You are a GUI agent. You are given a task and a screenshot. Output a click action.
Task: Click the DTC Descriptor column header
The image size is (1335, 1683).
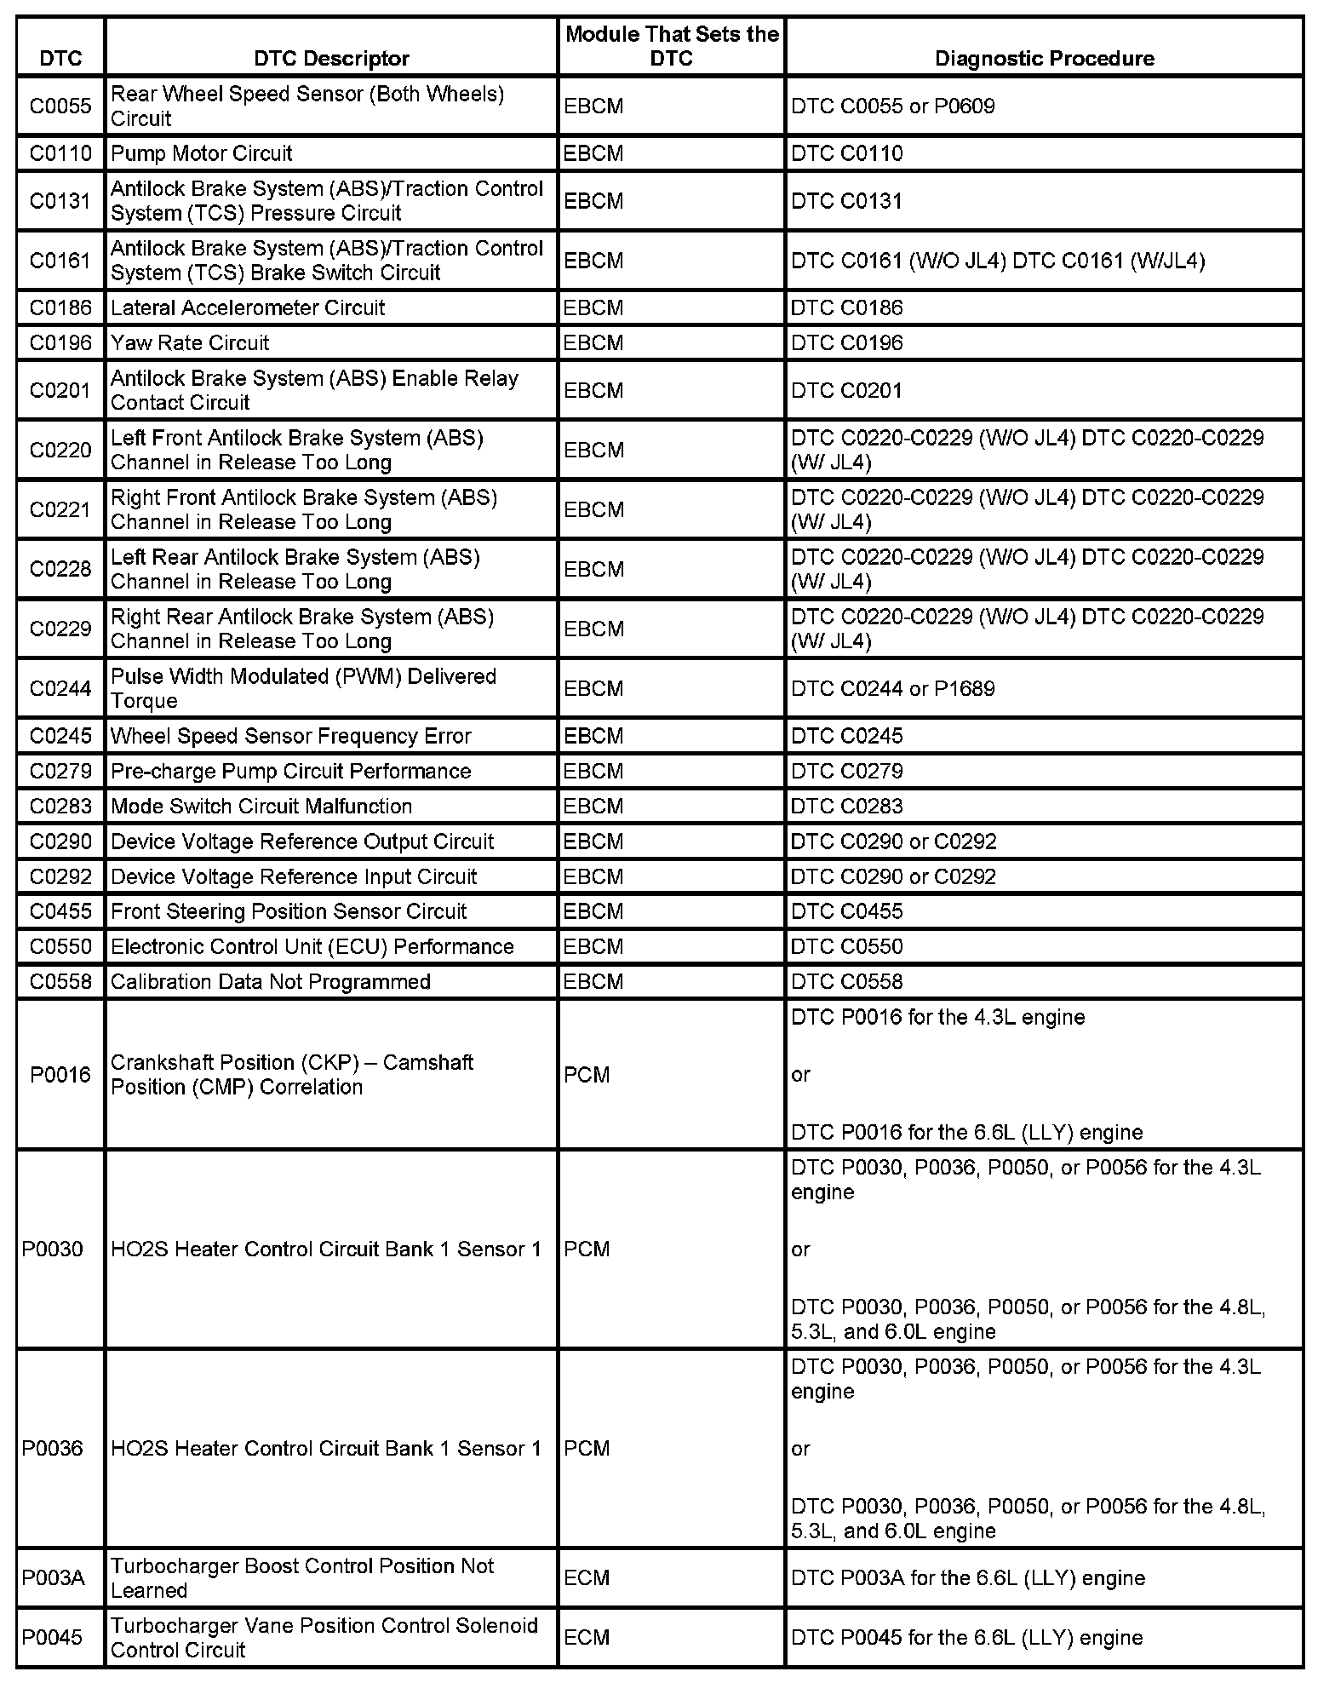(331, 58)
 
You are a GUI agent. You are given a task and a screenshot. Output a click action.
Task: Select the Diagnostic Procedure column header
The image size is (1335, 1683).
(1044, 58)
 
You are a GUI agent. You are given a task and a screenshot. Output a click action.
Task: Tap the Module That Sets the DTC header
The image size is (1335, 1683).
(672, 46)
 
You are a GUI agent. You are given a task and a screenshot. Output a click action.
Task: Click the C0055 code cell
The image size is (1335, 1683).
(60, 106)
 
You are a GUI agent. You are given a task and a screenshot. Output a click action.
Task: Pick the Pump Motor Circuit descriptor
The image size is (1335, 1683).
(202, 153)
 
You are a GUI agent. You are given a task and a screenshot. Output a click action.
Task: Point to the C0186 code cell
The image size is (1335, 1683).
(60, 307)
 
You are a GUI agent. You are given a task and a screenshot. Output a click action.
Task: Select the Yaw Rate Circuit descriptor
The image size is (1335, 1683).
(190, 342)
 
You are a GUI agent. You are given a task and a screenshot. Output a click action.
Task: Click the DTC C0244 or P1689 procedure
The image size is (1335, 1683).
(892, 688)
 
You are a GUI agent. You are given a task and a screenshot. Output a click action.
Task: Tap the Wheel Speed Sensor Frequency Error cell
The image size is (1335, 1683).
(290, 736)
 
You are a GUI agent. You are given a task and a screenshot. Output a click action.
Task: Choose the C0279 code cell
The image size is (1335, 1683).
(60, 771)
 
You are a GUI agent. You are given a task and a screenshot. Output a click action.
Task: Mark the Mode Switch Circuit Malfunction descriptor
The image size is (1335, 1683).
(261, 806)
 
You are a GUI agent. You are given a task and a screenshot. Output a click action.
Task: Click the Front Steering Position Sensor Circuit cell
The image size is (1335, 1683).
(289, 911)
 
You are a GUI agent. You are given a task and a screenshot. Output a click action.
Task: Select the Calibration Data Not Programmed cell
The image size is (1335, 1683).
(271, 981)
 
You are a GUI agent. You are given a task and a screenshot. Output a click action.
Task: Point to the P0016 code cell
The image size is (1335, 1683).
(60, 1075)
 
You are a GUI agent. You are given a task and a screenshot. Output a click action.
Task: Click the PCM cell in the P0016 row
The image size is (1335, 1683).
(587, 1075)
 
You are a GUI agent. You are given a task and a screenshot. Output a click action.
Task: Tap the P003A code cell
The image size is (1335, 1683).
(53, 1578)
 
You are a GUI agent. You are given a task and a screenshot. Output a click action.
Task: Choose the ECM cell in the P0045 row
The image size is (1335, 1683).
(587, 1638)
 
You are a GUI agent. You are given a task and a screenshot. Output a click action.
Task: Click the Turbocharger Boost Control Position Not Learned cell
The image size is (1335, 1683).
(302, 1578)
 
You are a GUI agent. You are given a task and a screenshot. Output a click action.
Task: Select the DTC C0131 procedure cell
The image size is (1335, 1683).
(846, 201)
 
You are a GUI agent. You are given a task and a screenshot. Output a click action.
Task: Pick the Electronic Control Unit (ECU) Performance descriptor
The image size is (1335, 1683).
(312, 946)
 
